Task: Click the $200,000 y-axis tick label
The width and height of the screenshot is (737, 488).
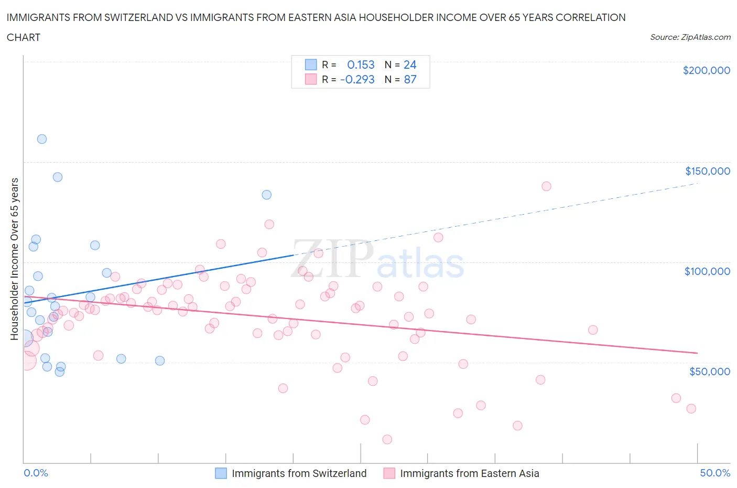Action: (706, 70)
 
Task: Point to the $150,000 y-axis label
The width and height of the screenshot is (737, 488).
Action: (707, 171)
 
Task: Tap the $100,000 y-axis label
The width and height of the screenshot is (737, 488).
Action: (707, 271)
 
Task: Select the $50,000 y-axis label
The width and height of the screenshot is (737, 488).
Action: (709, 372)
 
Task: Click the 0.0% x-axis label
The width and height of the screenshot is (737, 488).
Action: (36, 473)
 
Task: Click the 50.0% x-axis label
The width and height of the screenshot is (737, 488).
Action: (715, 473)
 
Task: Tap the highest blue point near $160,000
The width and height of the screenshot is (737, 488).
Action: (42, 139)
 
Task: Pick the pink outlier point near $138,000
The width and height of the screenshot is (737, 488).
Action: (546, 186)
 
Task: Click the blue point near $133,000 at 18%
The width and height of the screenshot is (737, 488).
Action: (267, 195)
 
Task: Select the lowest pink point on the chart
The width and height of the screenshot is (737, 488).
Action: (387, 439)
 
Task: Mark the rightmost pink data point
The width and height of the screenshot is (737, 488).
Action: (691, 409)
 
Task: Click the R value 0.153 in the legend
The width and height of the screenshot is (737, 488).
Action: (361, 65)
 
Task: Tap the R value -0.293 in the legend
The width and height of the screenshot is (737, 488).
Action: (357, 79)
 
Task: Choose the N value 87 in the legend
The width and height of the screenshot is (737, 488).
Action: (410, 79)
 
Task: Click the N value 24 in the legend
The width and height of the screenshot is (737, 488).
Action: (410, 65)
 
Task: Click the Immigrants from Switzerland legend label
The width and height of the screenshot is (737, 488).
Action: (299, 473)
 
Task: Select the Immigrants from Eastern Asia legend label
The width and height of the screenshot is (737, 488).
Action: (469, 473)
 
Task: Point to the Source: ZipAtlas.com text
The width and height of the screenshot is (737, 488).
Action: (690, 37)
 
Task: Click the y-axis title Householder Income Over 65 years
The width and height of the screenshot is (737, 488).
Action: (15, 259)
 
